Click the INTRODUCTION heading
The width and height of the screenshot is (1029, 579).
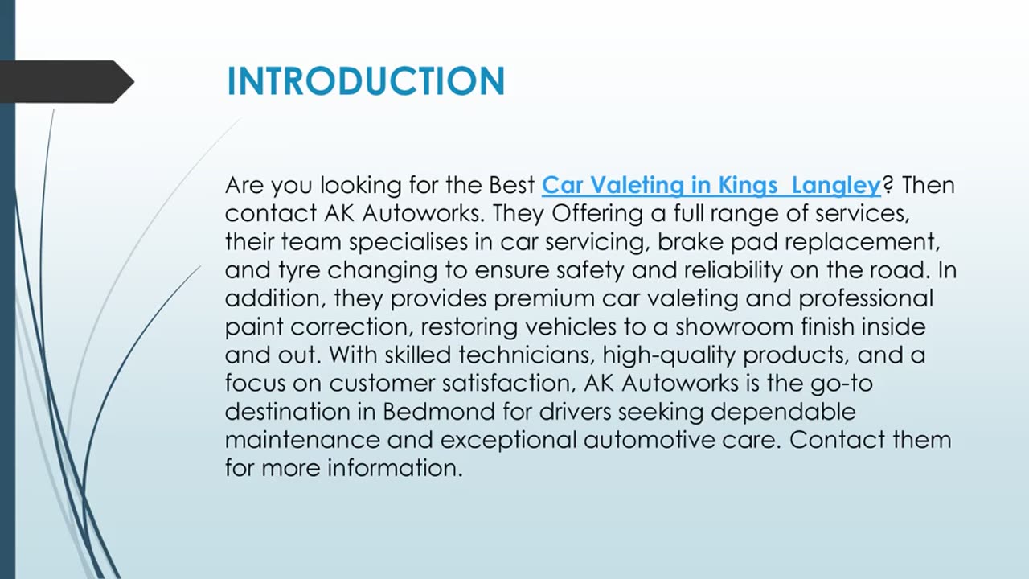(365, 81)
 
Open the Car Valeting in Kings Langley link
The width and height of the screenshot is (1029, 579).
(711, 185)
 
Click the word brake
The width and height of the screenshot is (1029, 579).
(666, 242)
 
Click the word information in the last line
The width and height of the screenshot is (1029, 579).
(394, 468)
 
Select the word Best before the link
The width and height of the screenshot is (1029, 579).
(512, 185)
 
